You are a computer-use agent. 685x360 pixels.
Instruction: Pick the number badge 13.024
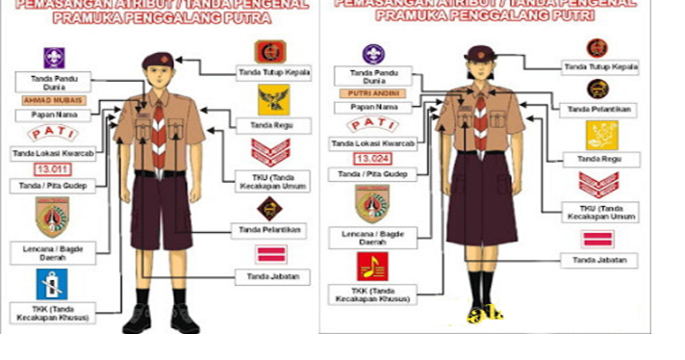click(x=371, y=158)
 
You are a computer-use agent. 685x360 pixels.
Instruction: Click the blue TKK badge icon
click(x=52, y=283)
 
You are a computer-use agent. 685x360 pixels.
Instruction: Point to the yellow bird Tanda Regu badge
click(x=270, y=99)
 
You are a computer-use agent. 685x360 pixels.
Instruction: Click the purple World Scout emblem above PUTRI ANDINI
click(x=372, y=54)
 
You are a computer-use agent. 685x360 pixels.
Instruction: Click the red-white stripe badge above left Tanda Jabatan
click(x=270, y=254)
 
